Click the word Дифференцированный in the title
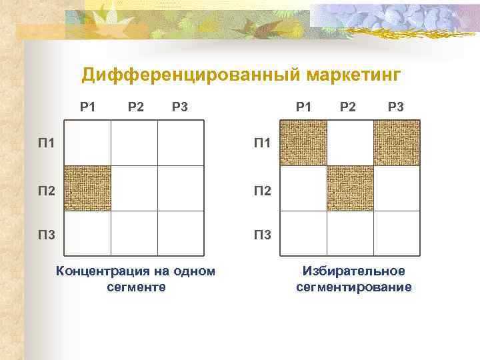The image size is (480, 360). click(x=190, y=76)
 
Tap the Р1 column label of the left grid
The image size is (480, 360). click(x=88, y=106)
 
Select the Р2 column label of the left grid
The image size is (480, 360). click(x=136, y=106)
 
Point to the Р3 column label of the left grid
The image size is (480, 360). click(x=179, y=106)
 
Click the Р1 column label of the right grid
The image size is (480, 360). click(x=304, y=106)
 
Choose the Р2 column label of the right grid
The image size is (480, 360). click(x=347, y=106)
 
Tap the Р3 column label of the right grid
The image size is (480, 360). click(x=395, y=106)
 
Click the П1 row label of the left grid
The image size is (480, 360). click(x=46, y=143)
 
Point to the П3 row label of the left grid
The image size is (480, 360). click(x=46, y=235)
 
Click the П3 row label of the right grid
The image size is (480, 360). click(x=262, y=235)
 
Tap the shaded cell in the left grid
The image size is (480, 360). click(x=87, y=188)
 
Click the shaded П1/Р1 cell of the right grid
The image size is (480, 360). click(x=303, y=143)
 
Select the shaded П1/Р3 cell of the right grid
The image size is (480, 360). click(x=397, y=143)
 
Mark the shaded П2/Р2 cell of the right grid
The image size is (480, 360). click(x=350, y=188)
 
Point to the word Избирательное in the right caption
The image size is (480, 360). click(x=353, y=271)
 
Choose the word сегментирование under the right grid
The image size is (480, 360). click(x=353, y=287)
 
